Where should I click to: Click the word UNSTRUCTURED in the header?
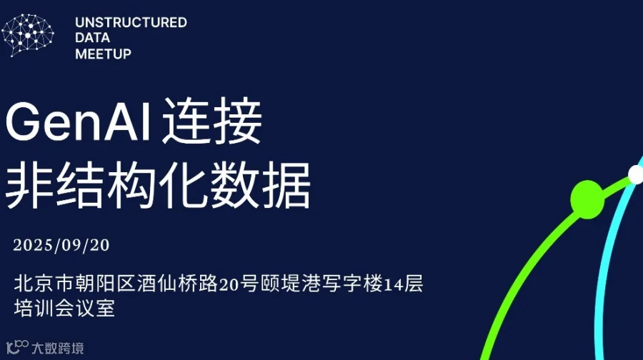pyautogui.click(x=131, y=23)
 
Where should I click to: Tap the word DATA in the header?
pyautogui.click(x=93, y=38)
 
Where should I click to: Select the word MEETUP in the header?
pyautogui.click(x=103, y=54)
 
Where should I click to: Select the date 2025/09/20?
pyautogui.click(x=61, y=245)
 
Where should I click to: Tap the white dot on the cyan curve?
pyautogui.click(x=635, y=174)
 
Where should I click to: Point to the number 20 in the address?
pyautogui.click(x=228, y=285)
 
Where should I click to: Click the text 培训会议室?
pyautogui.click(x=64, y=309)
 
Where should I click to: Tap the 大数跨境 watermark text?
pyautogui.click(x=58, y=349)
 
